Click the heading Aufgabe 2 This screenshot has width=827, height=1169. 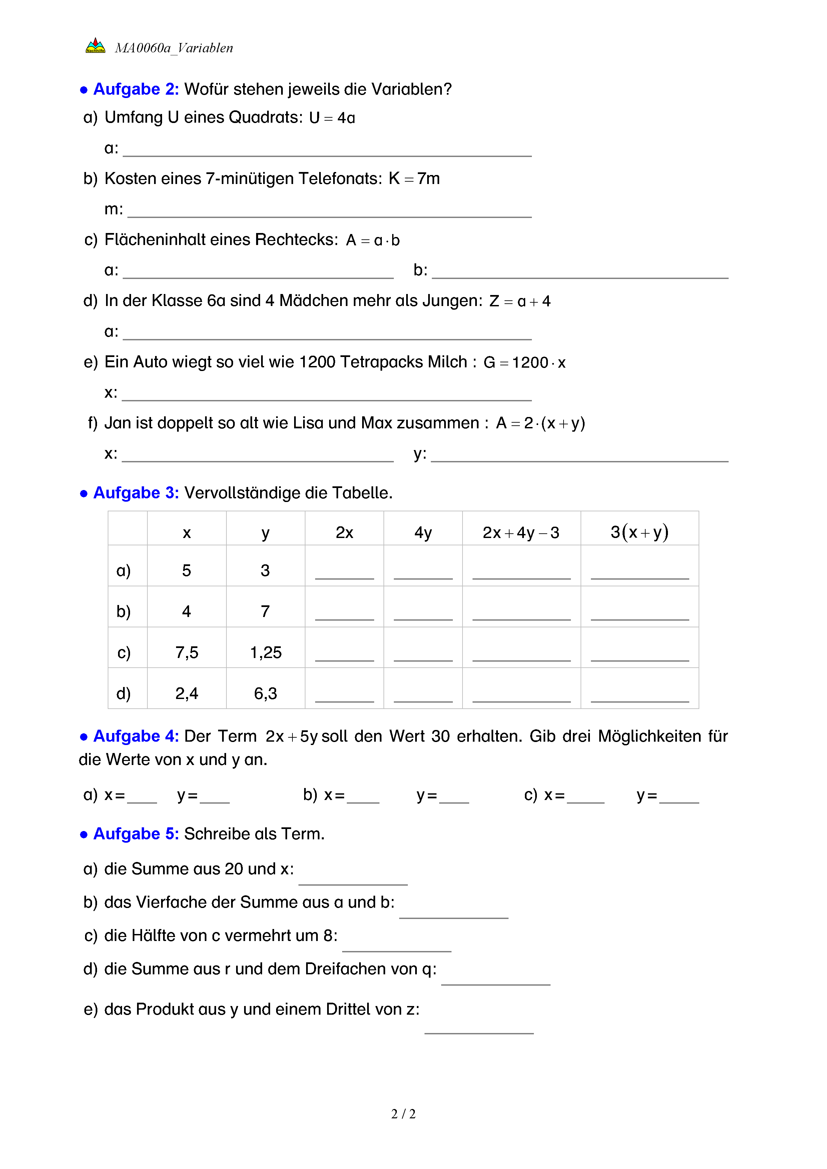point(135,89)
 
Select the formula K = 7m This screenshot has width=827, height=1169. point(414,179)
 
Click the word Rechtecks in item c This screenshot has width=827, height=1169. point(296,239)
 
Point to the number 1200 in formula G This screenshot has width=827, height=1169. point(530,363)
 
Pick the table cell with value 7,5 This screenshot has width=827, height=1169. point(186,652)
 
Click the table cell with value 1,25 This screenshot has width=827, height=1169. point(265,652)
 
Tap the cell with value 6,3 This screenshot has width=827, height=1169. point(265,693)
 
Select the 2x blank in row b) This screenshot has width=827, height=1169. point(344,614)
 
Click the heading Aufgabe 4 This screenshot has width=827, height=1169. point(135,736)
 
